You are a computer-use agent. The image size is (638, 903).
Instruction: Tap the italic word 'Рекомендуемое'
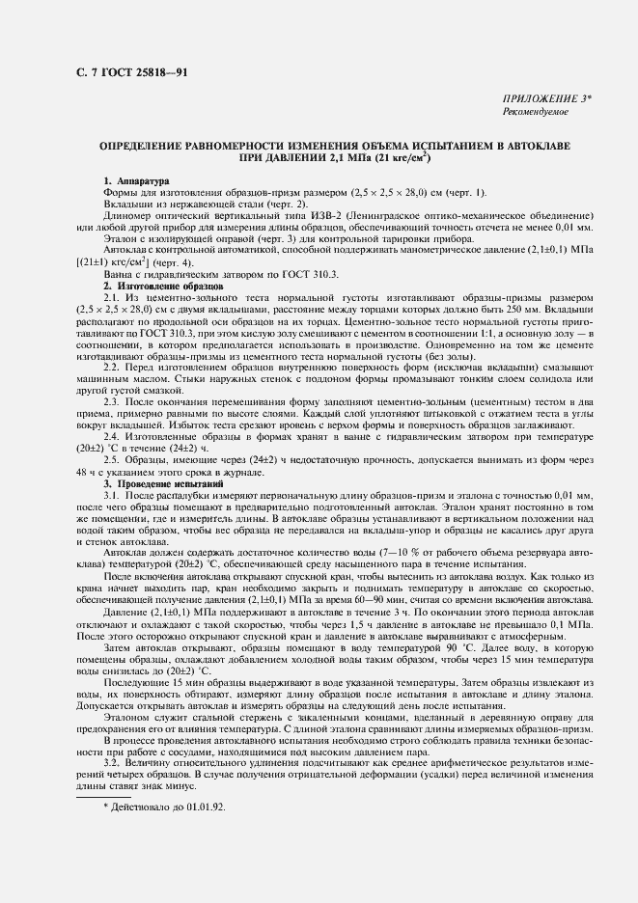[537, 112]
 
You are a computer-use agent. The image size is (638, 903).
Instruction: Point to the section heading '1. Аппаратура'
[136, 180]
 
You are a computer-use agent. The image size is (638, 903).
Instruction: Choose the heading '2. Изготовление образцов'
[163, 287]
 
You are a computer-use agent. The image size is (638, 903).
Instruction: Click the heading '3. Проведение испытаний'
[157, 482]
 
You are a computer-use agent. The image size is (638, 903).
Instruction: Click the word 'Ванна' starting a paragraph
[119, 276]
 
